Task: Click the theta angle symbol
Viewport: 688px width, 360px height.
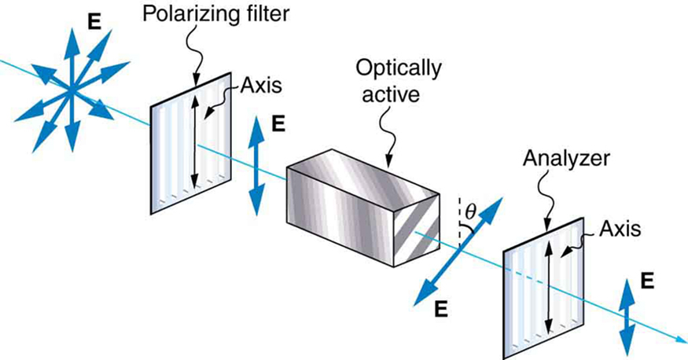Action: [470, 211]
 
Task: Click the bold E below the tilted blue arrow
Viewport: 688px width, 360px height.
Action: [441, 309]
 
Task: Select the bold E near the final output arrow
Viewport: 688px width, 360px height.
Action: [646, 281]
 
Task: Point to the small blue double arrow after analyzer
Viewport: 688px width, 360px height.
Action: [627, 318]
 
